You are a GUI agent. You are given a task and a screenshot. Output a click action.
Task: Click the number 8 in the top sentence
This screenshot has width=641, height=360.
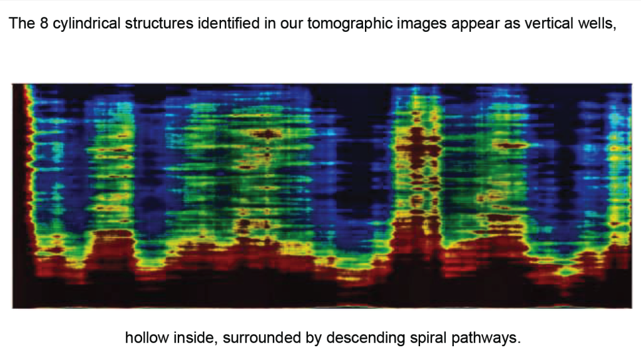coord(44,23)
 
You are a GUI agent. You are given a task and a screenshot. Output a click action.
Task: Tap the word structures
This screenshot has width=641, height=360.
coord(159,23)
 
